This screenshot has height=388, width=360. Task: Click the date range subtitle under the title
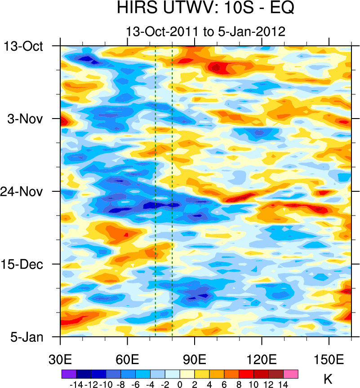click(206, 31)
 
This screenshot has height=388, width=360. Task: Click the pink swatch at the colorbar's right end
click(291, 374)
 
